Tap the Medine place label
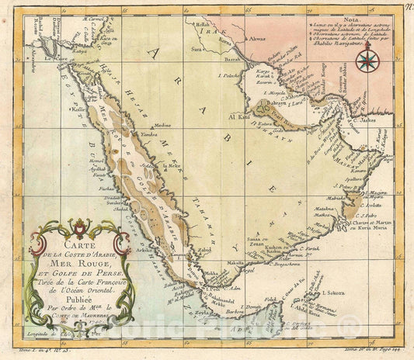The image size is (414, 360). coord(162,124)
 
